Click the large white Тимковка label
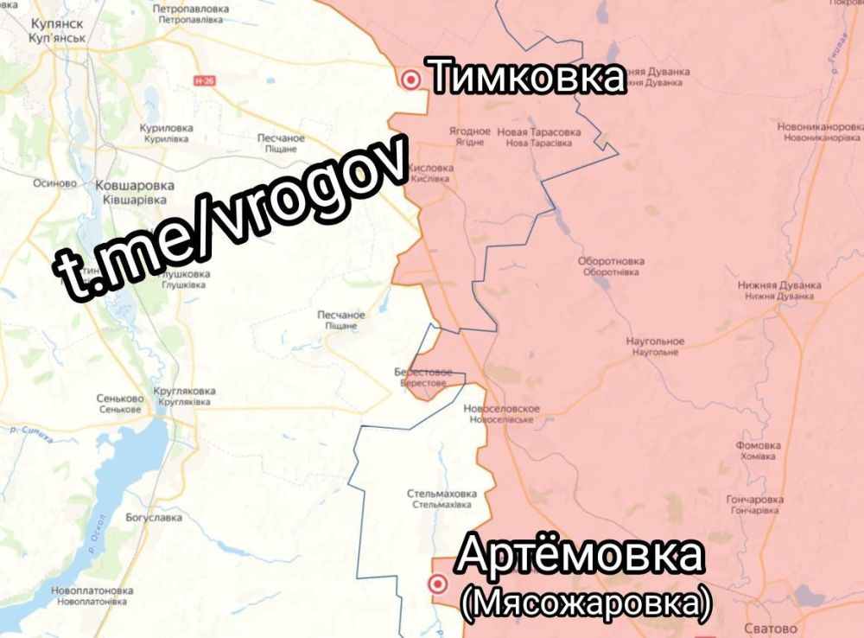pos(526,77)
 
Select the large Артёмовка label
pos(579,555)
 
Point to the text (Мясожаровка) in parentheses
pos(586,603)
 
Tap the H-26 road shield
pos(204,80)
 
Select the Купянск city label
pos(57,27)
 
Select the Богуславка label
pos(154,518)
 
